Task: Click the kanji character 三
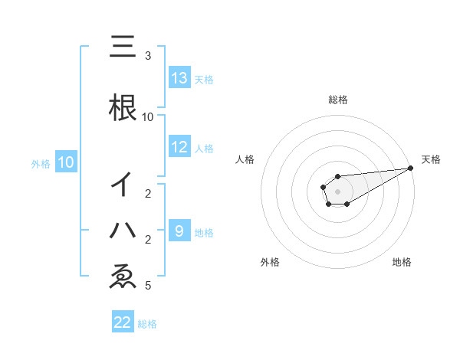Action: [x=123, y=47]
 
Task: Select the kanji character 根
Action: [x=123, y=106]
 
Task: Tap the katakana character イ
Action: [x=123, y=184]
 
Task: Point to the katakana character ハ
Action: [x=123, y=230]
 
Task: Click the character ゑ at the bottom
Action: [x=123, y=277]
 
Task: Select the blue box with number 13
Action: [x=179, y=78]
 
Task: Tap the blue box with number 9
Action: [x=179, y=231]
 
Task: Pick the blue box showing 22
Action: [x=123, y=322]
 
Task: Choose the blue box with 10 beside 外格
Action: [x=66, y=162]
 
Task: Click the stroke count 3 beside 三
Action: [x=148, y=56]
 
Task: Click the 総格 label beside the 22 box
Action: [x=147, y=324]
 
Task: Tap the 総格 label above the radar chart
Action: [x=337, y=100]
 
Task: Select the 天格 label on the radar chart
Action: [x=431, y=159]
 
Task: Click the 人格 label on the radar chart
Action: [x=245, y=159]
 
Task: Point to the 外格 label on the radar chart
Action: [x=270, y=262]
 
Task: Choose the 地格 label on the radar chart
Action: [x=402, y=262]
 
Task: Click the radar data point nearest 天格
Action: [x=411, y=168]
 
